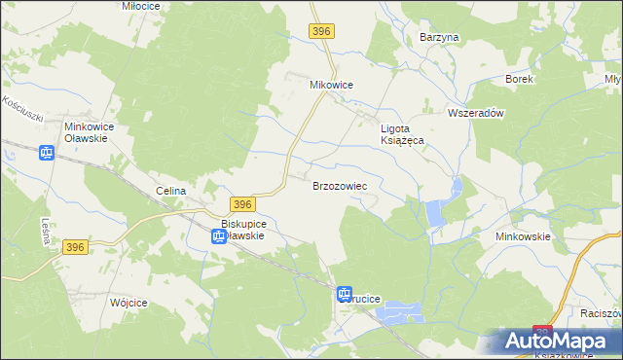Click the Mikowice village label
coord(331,85)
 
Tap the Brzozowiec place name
coord(339,185)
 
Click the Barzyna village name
coord(438,37)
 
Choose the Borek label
coord(519,79)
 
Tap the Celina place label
coord(170,192)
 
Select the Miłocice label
coord(141,5)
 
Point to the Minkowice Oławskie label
coord(90,132)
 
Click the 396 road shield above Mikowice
coord(323,32)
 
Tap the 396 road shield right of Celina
coord(243,203)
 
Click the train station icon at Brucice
coord(345,294)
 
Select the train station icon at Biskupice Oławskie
coord(219,235)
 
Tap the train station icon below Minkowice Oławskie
coord(47,153)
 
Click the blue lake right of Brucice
coord(401,312)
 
